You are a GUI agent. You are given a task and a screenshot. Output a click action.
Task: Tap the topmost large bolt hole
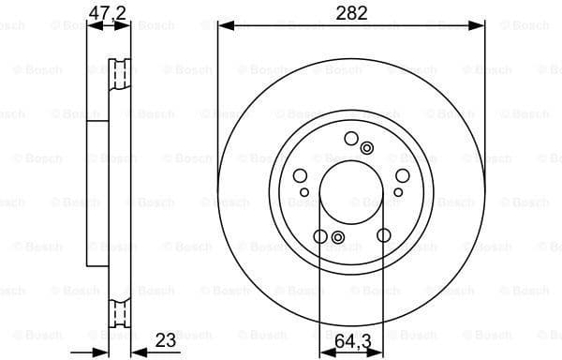(351, 139)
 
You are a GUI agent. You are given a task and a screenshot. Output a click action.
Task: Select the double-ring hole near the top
(366, 146)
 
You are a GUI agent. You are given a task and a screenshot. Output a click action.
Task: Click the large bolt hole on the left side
(301, 176)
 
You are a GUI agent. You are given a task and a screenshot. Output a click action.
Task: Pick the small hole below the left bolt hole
(303, 192)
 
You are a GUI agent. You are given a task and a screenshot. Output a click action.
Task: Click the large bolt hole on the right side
(402, 176)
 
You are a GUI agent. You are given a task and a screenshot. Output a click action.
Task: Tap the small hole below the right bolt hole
(399, 192)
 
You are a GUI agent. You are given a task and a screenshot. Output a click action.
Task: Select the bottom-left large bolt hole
(320, 236)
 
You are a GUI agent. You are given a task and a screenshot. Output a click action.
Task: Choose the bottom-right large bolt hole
(383, 236)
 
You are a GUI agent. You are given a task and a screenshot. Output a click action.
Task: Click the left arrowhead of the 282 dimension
(223, 27)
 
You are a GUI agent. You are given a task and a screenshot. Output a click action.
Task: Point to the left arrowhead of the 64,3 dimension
(324, 352)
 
